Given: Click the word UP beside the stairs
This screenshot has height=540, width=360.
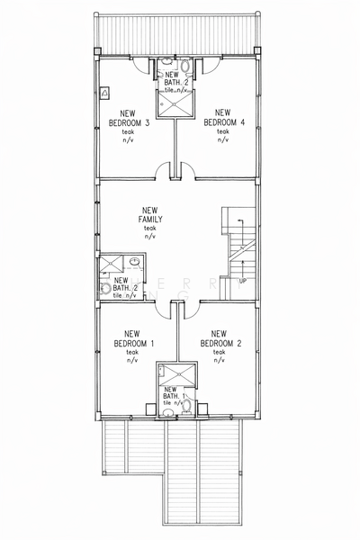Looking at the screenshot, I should (242, 281).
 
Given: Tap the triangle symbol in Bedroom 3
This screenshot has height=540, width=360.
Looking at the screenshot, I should (105, 92).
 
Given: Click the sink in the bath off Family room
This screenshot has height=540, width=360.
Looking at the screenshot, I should (133, 263).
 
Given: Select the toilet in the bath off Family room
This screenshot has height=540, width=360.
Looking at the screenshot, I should (105, 289).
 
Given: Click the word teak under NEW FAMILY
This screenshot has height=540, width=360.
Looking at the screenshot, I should (149, 229).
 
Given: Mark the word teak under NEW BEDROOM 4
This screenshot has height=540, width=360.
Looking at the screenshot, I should (222, 132).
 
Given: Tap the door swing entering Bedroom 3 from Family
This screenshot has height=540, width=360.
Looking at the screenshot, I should (162, 170).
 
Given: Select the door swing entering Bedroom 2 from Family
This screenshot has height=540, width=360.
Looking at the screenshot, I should (191, 310).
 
